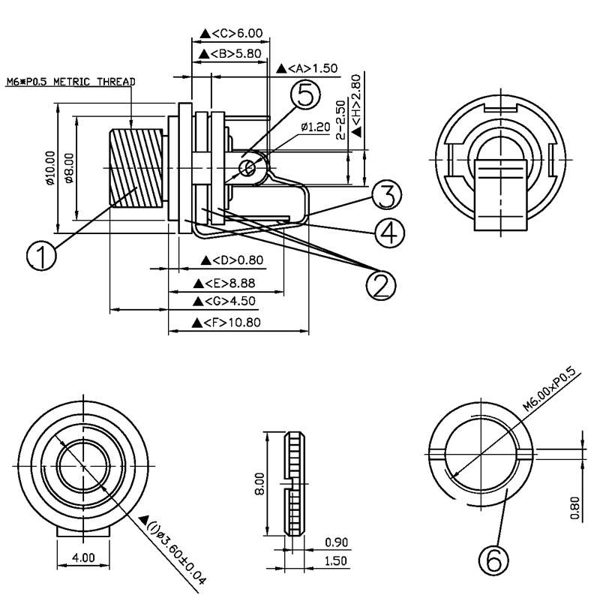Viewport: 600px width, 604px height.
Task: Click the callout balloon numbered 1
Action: tap(42, 257)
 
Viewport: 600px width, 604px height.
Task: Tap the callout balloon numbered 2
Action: tap(381, 284)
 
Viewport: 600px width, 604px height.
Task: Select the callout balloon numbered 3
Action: tap(384, 194)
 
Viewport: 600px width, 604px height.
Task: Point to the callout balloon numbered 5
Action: tap(305, 95)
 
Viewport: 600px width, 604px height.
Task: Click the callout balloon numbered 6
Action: tap(493, 559)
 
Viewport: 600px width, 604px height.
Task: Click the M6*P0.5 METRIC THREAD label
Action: tap(70, 81)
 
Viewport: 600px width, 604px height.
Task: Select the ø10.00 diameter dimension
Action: tap(49, 169)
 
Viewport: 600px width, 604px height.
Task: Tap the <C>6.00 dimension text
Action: tap(232, 34)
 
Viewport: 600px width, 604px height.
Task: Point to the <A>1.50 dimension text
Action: tap(307, 68)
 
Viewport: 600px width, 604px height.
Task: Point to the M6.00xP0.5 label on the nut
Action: tap(552, 388)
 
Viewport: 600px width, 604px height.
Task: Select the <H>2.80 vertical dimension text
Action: tap(357, 104)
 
